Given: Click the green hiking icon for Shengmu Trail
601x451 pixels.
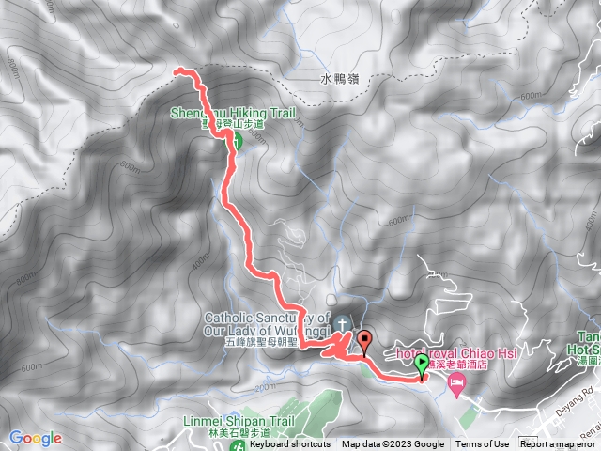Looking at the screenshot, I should pos(236,141).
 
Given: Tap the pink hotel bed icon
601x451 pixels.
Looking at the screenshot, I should pos(456,381).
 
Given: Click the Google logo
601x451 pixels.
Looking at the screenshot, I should pos(36,437).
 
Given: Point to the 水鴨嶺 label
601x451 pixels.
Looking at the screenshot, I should pos(338,81).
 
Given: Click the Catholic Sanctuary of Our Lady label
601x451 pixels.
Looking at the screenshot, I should pos(266,324).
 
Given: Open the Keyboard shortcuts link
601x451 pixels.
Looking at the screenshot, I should pos(290,444).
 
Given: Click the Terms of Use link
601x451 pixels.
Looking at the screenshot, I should pos(483,444).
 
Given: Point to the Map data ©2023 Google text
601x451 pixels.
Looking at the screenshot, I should pos(393,444).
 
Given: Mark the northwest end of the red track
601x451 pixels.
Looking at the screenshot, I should pos(177,70).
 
